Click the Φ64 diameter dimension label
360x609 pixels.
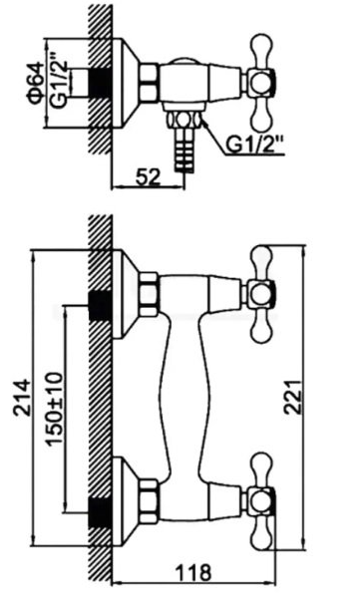[x=35, y=83]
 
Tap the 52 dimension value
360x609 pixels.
[x=148, y=177]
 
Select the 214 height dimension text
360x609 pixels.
[x=22, y=398]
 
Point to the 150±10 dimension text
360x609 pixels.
[x=54, y=409]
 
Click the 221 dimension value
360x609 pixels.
[x=293, y=397]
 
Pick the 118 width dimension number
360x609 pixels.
[x=193, y=572]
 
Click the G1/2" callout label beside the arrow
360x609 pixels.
[x=254, y=145]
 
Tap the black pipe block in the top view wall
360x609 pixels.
[x=101, y=83]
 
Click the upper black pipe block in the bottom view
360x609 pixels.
[x=101, y=306]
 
